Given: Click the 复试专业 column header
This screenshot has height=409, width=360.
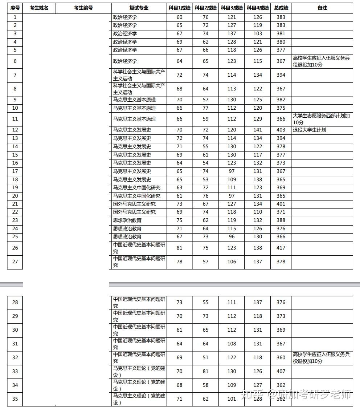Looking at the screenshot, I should (139, 8).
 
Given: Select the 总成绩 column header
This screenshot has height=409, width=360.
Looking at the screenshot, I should (281, 8).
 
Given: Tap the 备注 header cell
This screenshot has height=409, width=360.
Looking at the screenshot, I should (322, 8).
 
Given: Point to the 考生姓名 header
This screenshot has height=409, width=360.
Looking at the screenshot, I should (39, 8).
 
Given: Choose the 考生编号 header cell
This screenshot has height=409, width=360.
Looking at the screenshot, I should (83, 8).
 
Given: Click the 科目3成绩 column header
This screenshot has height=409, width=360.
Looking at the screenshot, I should (232, 8).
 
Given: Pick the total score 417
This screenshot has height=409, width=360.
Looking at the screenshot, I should (281, 248).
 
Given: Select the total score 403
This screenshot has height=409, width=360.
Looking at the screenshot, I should (281, 130).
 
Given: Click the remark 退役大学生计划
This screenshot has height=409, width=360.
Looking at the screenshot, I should (309, 130).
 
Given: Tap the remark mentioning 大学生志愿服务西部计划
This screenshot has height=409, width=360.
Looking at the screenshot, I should (321, 119).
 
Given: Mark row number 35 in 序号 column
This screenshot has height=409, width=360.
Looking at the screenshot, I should (15, 399).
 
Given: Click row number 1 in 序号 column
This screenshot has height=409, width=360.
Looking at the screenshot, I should (15, 17).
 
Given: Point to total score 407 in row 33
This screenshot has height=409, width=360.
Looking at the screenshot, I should (281, 371).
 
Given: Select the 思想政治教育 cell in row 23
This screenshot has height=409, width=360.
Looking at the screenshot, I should (127, 220).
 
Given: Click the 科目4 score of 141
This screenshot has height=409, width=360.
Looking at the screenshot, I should (258, 130).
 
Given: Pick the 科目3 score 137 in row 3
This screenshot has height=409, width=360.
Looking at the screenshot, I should (232, 34).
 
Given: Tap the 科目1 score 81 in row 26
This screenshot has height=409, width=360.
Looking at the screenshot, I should (179, 248).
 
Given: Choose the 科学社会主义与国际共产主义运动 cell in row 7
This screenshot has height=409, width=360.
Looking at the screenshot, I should (139, 75).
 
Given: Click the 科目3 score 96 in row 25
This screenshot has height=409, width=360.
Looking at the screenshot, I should (232, 237).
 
